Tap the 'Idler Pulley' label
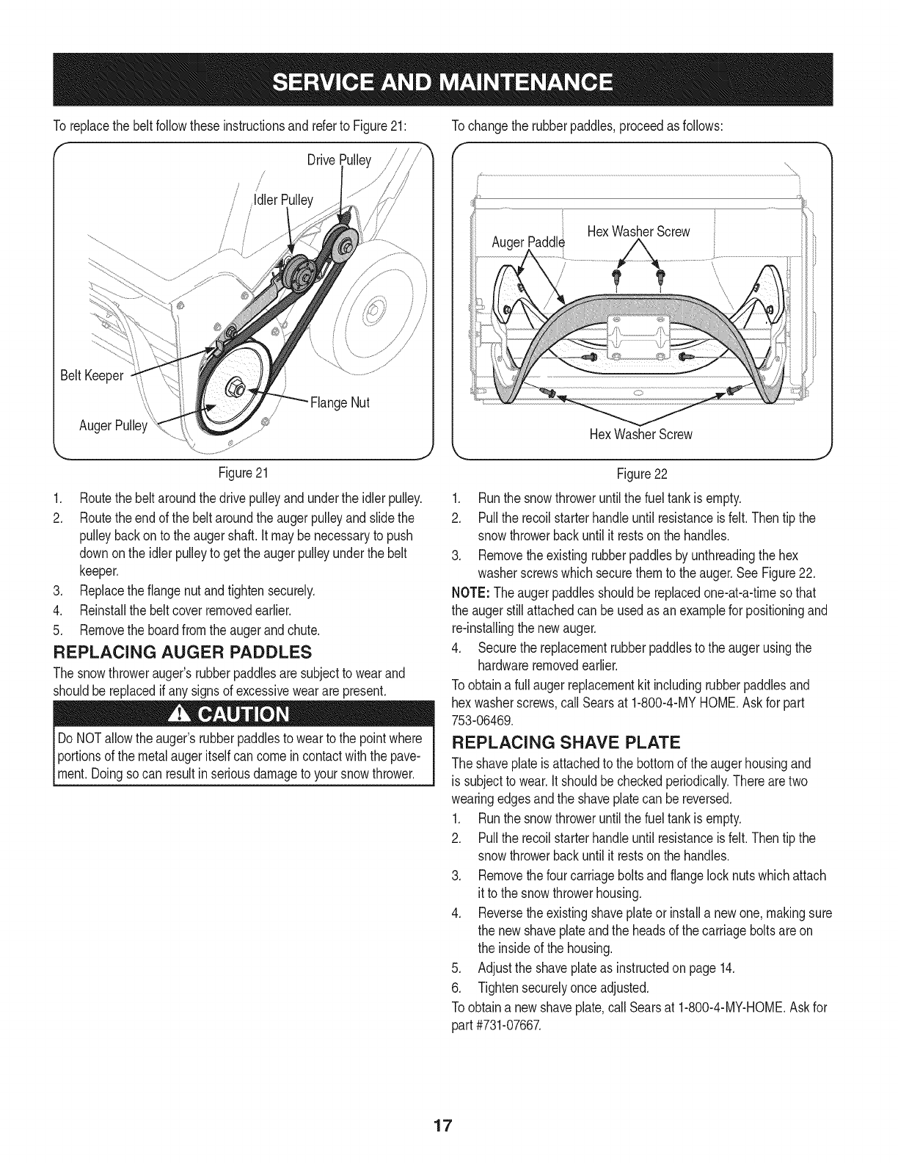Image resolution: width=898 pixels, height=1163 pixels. tap(283, 200)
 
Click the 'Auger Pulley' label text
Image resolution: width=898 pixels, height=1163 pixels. tap(113, 426)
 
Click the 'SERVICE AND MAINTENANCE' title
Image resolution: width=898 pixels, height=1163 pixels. tap(449, 79)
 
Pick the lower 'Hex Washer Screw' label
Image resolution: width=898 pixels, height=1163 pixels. tap(641, 434)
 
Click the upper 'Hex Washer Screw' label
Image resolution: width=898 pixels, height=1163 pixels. tap(639, 232)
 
